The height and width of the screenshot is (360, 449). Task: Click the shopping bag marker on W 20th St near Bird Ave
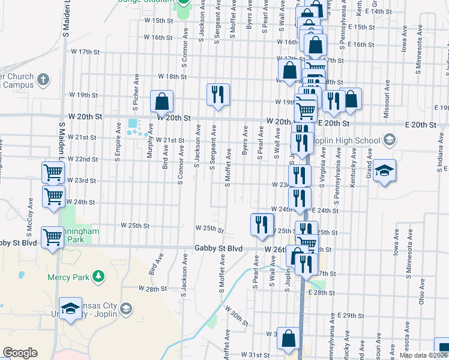pos(161,101)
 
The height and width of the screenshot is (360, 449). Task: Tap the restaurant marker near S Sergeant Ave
pos(217,95)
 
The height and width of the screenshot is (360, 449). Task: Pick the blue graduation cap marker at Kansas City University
pos(71,309)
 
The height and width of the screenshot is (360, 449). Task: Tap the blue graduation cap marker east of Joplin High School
pos(384,171)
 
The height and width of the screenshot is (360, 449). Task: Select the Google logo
pos(20,353)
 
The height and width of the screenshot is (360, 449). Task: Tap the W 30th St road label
pos(237,316)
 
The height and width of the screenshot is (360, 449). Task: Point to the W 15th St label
pos(155,20)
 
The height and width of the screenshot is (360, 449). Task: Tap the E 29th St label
pos(352,316)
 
